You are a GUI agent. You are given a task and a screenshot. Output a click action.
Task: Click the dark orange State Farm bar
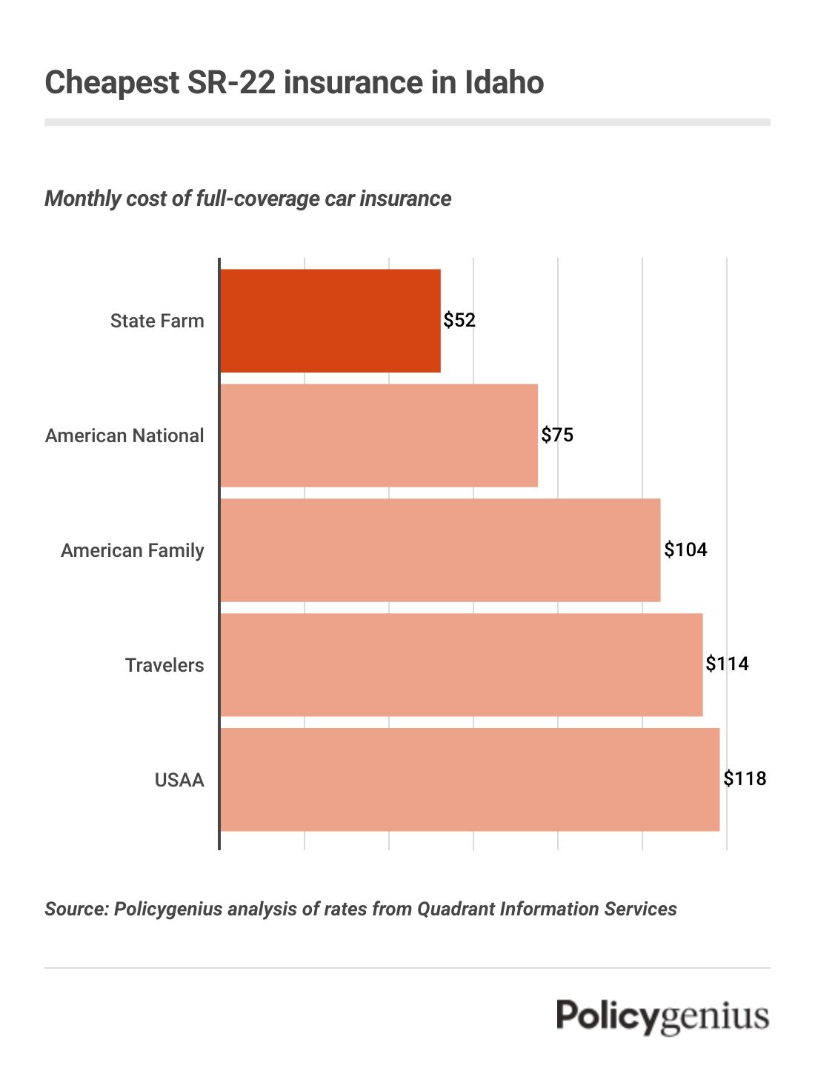click(x=330, y=321)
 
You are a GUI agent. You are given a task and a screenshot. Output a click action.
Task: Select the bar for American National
click(x=379, y=435)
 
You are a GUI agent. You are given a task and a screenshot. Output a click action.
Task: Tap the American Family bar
click(x=440, y=550)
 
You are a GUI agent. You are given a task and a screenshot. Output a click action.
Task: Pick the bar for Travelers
click(x=461, y=665)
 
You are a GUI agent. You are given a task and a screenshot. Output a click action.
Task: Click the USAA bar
click(x=470, y=780)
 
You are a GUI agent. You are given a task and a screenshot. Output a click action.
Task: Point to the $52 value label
click(x=459, y=321)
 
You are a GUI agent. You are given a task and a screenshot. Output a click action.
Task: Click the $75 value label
click(x=557, y=435)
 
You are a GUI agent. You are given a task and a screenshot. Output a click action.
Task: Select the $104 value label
click(x=685, y=550)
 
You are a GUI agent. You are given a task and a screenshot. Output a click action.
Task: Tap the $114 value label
click(x=727, y=664)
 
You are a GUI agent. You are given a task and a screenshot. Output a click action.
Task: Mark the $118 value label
click(x=745, y=778)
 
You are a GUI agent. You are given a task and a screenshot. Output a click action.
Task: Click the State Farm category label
click(x=157, y=321)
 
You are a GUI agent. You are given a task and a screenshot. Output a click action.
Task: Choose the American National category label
click(x=124, y=435)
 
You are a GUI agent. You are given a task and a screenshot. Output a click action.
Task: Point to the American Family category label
click(x=133, y=550)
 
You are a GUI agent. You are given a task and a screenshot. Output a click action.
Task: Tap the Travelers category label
click(x=164, y=665)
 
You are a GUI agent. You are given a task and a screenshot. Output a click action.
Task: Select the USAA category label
click(x=179, y=780)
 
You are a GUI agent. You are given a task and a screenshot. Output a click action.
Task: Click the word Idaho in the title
click(x=504, y=82)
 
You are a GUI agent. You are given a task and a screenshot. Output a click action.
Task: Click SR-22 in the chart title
click(x=231, y=82)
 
